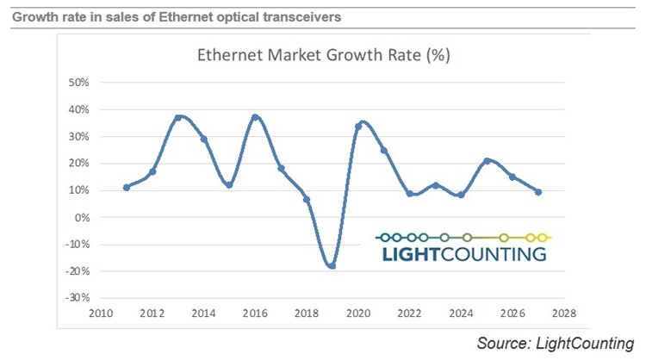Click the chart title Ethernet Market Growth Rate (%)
pyautogui.click(x=320, y=57)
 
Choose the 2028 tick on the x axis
pyautogui.click(x=564, y=313)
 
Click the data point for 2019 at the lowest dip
pyautogui.click(x=332, y=265)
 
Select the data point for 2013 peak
pyautogui.click(x=177, y=118)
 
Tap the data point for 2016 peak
pyautogui.click(x=255, y=117)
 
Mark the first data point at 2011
pyautogui.click(x=127, y=187)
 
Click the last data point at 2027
pyautogui.click(x=538, y=192)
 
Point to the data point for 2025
pyautogui.click(x=487, y=161)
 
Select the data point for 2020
pyautogui.click(x=357, y=126)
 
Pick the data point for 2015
pyautogui.click(x=229, y=184)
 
